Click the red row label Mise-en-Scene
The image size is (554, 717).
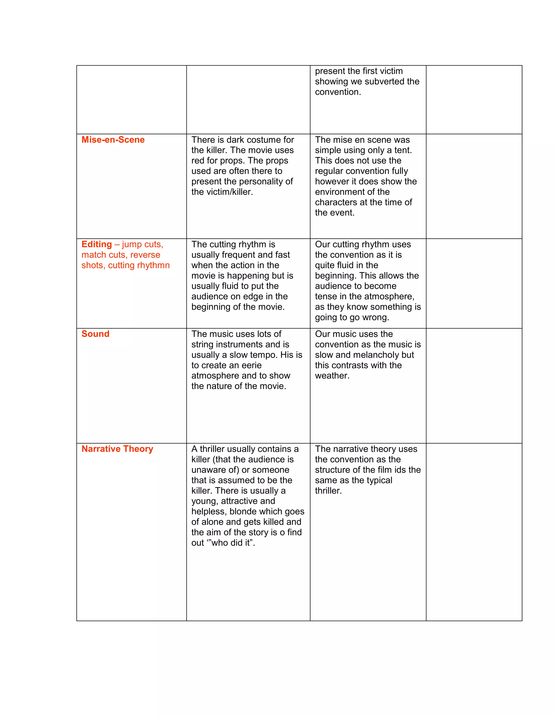click(113, 140)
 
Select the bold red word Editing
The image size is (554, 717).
click(97, 245)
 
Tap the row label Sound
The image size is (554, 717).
click(95, 334)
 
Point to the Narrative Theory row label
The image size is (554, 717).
click(117, 449)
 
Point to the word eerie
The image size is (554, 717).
click(249, 365)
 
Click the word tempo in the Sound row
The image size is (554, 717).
click(265, 355)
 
